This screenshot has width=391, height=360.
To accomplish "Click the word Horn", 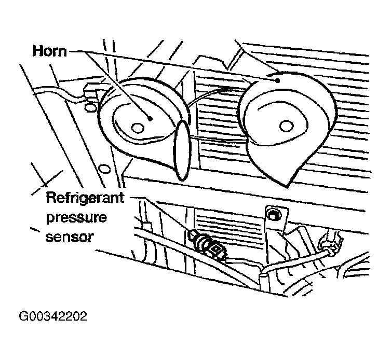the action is [x=50, y=51].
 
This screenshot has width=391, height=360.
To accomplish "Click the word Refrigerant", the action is [x=85, y=198].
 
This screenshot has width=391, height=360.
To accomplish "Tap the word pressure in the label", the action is [x=76, y=218].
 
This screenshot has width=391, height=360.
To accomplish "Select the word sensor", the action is [x=70, y=237].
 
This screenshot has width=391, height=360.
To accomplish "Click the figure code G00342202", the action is [x=53, y=316].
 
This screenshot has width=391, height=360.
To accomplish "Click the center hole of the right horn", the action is [x=286, y=126].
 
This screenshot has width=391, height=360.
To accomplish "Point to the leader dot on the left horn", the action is [x=150, y=119].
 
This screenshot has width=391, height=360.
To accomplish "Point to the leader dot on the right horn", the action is [x=277, y=80].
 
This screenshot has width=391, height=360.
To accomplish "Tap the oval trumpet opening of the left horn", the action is [x=182, y=150].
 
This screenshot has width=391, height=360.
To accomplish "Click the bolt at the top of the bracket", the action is [x=273, y=214].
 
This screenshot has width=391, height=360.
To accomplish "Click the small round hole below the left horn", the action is [x=104, y=169].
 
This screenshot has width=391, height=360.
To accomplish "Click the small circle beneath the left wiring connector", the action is [x=90, y=107].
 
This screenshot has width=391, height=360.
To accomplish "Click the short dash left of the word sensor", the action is [x=35, y=230].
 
